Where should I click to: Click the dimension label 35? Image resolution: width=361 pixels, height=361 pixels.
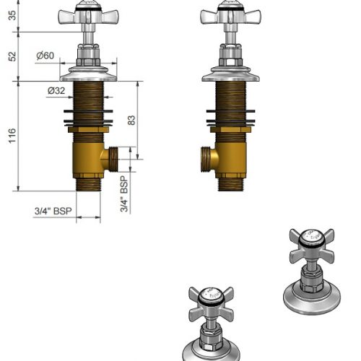click(12, 15)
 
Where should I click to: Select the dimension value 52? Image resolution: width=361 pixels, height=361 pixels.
click(12, 56)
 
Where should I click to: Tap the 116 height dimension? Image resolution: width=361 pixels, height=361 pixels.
click(12, 136)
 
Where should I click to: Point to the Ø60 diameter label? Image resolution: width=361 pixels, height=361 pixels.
click(45, 56)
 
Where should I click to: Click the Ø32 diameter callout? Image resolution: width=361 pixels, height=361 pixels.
click(56, 91)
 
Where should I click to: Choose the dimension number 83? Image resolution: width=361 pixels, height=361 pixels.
click(131, 121)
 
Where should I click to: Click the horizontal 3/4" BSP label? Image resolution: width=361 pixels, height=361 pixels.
click(53, 211)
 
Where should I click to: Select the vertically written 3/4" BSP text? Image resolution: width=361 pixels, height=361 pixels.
click(124, 194)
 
